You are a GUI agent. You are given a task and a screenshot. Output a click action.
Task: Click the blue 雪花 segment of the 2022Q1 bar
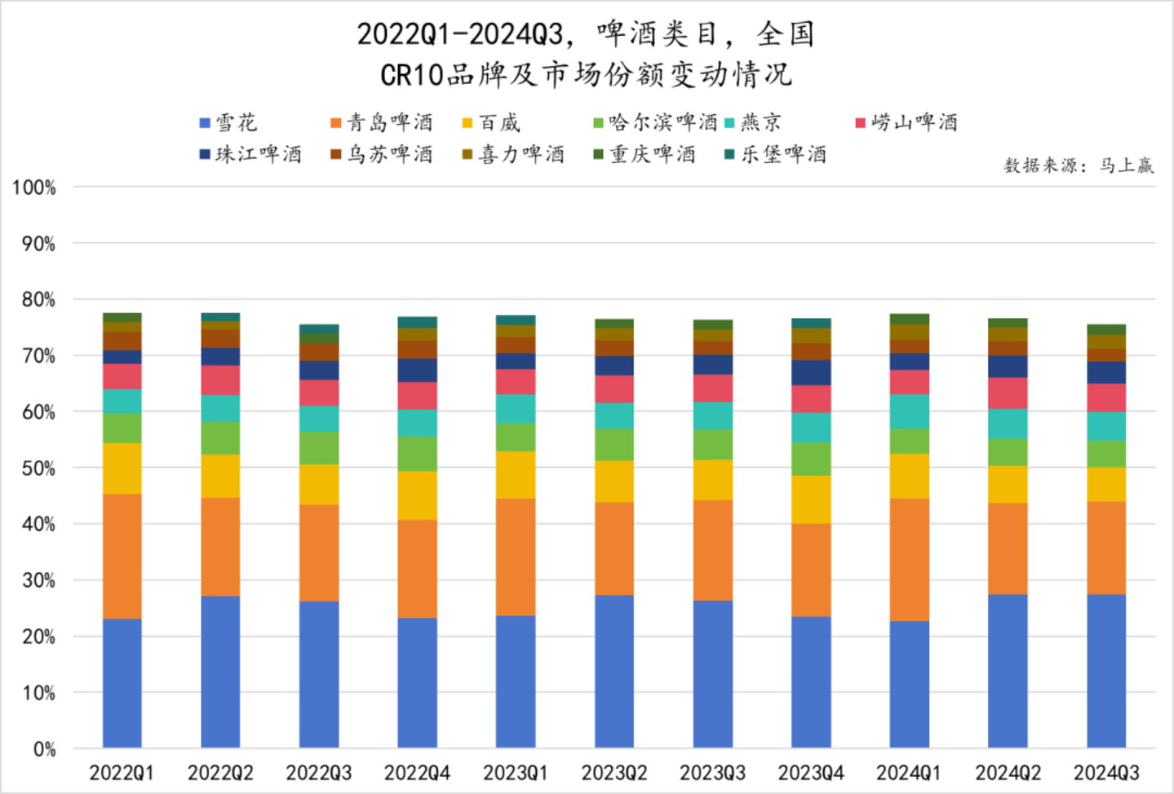point(122,683)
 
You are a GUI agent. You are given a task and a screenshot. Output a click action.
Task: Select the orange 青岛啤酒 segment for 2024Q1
point(910,559)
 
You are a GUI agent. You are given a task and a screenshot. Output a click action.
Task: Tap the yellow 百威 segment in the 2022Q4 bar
point(417,496)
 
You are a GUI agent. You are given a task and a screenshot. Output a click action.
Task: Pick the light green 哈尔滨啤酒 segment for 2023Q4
point(811,459)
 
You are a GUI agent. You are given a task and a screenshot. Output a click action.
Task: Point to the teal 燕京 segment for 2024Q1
point(910,412)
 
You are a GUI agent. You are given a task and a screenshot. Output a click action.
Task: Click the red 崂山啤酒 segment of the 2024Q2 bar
point(1008,393)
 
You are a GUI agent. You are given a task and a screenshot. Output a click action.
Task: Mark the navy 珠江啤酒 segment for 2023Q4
point(811,373)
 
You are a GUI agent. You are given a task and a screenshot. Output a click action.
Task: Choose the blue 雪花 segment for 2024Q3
point(1106,671)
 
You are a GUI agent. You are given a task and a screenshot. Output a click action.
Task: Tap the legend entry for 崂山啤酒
point(906,123)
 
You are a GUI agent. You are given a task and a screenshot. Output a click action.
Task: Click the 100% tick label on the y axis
point(34,187)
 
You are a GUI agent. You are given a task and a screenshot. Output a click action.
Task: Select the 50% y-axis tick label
point(38,469)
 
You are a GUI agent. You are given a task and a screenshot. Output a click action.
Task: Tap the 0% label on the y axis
point(44,749)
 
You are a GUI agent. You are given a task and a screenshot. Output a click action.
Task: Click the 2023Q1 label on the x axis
point(516,773)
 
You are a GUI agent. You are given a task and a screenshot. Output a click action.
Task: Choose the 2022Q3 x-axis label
point(319,773)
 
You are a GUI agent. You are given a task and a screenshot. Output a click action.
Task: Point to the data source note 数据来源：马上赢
point(1079,166)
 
